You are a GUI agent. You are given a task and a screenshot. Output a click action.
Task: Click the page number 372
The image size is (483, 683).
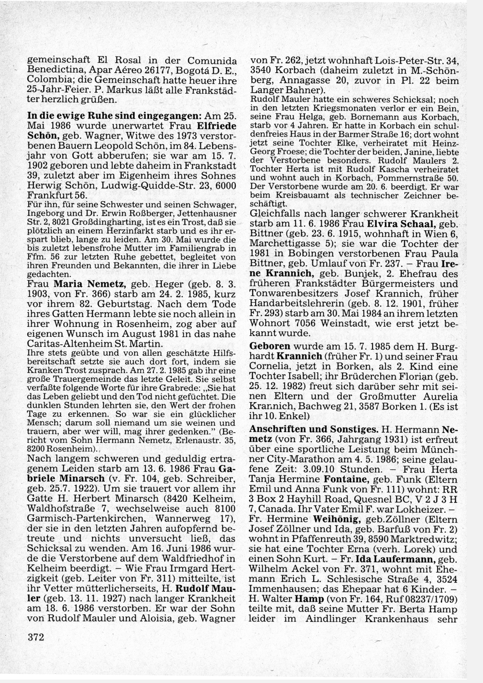tap(36, 638)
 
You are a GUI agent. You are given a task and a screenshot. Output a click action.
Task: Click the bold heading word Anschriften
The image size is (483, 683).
tap(280, 429)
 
